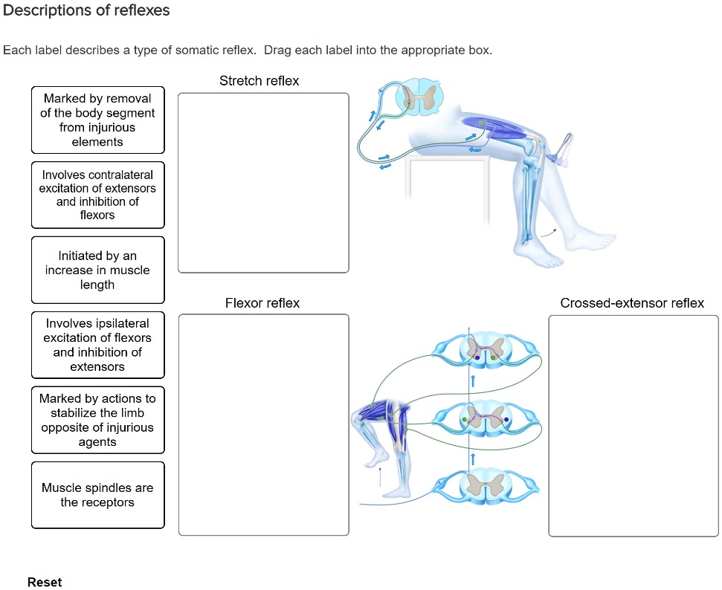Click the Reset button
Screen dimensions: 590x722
click(x=45, y=582)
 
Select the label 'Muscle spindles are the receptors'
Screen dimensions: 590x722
click(x=97, y=495)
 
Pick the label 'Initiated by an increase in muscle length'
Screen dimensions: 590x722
click(x=97, y=270)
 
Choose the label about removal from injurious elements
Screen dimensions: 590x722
click(x=97, y=120)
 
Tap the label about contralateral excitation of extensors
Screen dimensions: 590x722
click(x=97, y=195)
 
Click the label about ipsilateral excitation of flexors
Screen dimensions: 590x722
click(x=97, y=345)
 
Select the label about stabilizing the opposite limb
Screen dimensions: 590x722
click(x=97, y=420)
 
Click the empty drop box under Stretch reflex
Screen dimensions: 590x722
click(x=263, y=183)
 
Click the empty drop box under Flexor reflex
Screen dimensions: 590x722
click(x=263, y=424)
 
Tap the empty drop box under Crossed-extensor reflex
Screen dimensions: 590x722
click(x=634, y=426)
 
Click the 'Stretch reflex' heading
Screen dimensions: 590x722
click(x=259, y=81)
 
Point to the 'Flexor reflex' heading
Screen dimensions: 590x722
click(x=262, y=303)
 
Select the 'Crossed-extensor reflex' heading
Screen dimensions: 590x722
click(x=632, y=303)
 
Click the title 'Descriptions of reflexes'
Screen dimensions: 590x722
click(x=87, y=10)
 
